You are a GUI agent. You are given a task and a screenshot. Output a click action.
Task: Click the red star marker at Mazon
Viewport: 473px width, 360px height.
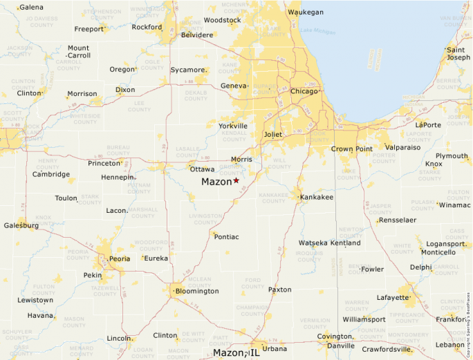(x=236, y=180)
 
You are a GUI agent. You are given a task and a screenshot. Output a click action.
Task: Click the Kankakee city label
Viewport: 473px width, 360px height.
(x=317, y=198)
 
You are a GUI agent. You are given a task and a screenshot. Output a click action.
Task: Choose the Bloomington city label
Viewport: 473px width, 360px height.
(x=196, y=292)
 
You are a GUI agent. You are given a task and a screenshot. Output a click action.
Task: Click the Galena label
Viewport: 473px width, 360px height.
(x=31, y=7)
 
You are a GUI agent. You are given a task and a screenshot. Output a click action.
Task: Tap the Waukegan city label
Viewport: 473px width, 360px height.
(x=306, y=12)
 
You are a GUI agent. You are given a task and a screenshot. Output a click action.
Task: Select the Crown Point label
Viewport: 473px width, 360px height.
(x=351, y=149)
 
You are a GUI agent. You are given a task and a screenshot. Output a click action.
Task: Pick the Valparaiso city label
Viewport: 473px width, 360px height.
(x=402, y=147)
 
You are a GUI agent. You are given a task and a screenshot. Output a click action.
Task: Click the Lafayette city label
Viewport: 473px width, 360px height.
(x=393, y=298)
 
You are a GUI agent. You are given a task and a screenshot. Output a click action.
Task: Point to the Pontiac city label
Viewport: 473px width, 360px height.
(x=227, y=237)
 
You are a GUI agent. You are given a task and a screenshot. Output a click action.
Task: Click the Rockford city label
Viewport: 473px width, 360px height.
(x=147, y=28)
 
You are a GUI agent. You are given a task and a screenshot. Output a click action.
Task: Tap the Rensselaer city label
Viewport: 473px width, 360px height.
(x=397, y=220)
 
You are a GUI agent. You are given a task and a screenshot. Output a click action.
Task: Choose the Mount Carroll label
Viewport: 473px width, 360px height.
(x=78, y=52)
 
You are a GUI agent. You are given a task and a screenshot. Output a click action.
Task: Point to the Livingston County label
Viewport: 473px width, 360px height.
(x=206, y=219)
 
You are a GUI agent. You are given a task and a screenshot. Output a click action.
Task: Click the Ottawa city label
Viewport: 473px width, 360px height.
(x=202, y=169)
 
